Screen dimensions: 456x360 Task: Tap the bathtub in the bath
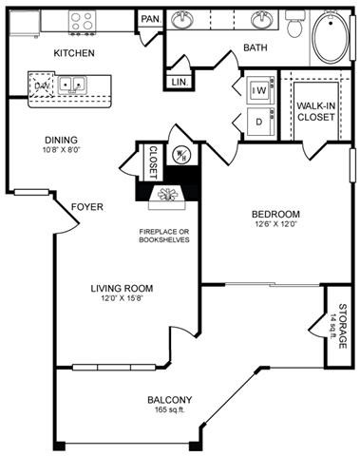[x=332, y=36]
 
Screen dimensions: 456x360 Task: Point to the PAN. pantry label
[x=149, y=19]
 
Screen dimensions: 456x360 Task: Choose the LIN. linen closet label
[x=179, y=83]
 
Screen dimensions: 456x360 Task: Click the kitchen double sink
[x=71, y=84]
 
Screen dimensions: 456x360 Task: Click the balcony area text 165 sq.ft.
[x=169, y=409]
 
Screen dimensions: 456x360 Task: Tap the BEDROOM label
[x=276, y=214]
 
